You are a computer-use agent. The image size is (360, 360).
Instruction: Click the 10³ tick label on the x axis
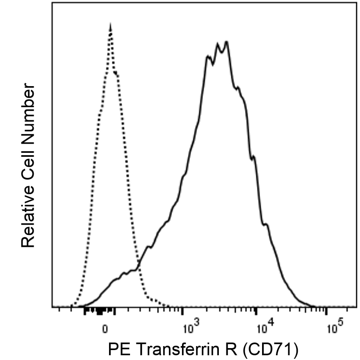(190, 329)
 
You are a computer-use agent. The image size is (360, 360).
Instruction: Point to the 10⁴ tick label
(264, 329)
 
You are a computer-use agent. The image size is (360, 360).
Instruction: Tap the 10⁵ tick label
(334, 329)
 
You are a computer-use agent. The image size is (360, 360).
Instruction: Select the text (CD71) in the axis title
(270, 350)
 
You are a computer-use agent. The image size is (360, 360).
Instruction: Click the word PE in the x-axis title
(118, 350)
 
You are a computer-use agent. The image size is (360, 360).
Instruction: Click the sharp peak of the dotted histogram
(110, 25)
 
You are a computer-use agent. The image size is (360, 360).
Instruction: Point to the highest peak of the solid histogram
(226, 41)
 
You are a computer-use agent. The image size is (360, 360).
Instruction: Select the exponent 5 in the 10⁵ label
(341, 326)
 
